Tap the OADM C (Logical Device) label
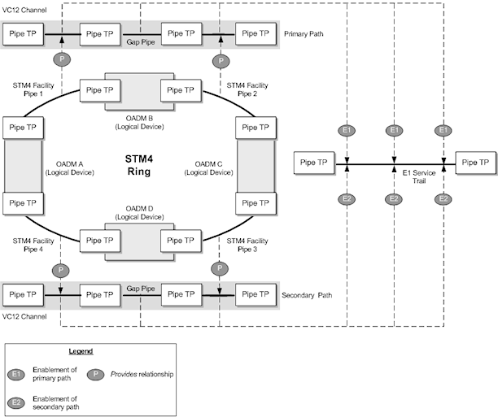pyautogui.click(x=207, y=167)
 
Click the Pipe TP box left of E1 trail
pyautogui.click(x=314, y=163)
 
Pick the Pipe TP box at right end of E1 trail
pyautogui.click(x=476, y=163)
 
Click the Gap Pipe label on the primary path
pyautogui.click(x=141, y=41)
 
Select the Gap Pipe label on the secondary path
pyautogui.click(x=141, y=288)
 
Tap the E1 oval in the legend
pyautogui.click(x=18, y=373)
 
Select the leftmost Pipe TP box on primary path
pyautogui.click(x=23, y=34)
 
